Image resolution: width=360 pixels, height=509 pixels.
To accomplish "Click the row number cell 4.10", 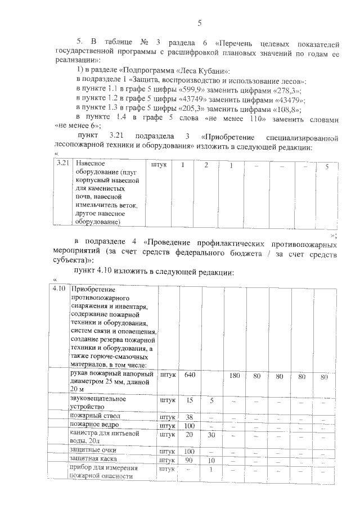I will tap(59, 289).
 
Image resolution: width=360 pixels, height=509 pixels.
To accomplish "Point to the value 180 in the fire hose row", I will tap(235, 376).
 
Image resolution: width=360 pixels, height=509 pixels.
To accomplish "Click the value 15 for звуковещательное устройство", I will tap(190, 400).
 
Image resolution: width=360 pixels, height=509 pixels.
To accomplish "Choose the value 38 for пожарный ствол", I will tap(190, 417).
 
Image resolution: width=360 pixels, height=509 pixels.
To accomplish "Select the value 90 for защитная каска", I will tap(190, 460).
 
